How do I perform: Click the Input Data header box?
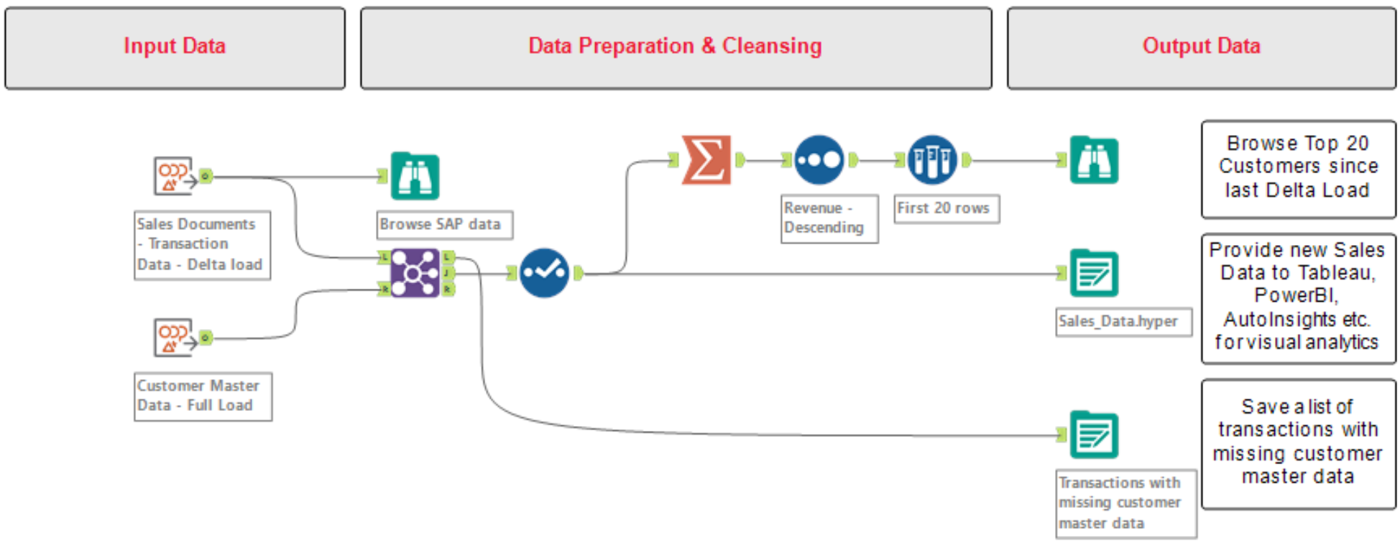[175, 48]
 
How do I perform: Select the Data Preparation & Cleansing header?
[676, 48]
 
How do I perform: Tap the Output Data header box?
[1201, 48]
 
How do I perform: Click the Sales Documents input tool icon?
[174, 176]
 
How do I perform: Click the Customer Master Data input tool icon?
[174, 338]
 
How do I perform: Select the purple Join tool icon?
[415, 273]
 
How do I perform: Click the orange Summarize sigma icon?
[706, 159]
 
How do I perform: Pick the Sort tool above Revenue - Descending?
[819, 159]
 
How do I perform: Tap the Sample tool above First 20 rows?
[932, 159]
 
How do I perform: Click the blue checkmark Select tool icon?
[544, 273]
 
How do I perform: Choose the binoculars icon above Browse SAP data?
[415, 176]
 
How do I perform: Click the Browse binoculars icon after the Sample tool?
[1094, 159]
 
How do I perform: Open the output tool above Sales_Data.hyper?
[1094, 273]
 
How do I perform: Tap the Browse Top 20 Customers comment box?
[1297, 167]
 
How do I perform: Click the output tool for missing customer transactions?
[1094, 435]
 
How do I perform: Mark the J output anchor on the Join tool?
[448, 273]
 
